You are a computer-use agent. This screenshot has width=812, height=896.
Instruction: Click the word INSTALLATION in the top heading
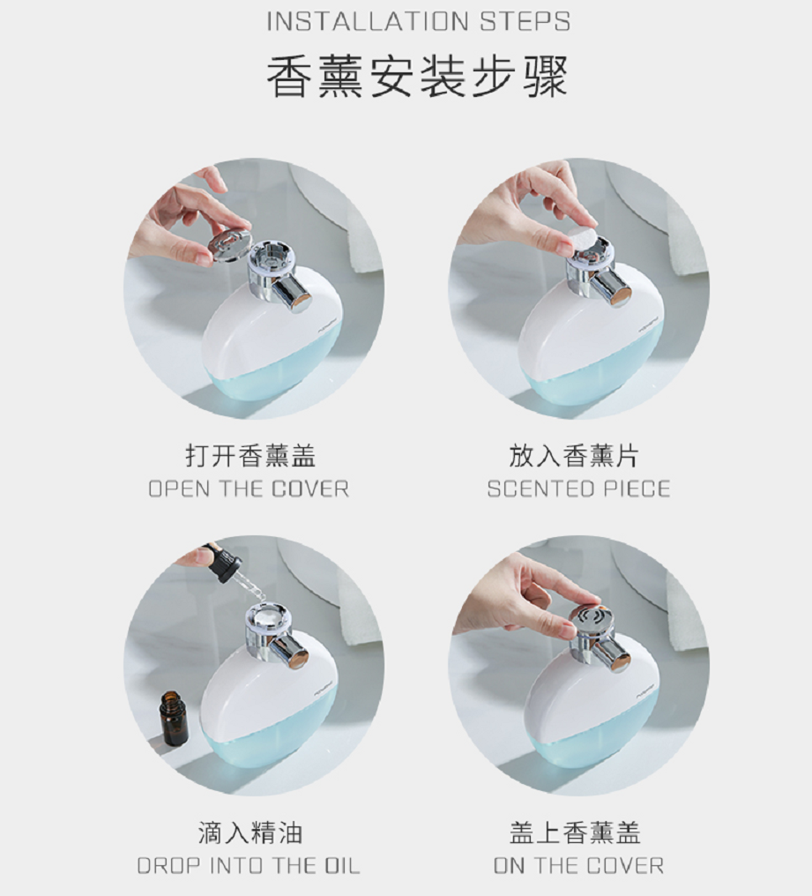[369, 21]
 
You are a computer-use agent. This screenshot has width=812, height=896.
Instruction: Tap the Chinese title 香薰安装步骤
[417, 76]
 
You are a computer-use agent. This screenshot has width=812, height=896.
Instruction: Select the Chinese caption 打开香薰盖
[250, 456]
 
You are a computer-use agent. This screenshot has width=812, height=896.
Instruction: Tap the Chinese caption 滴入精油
[250, 833]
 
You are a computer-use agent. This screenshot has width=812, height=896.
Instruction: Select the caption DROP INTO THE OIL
[249, 866]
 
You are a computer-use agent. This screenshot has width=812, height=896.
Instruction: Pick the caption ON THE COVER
[578, 866]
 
